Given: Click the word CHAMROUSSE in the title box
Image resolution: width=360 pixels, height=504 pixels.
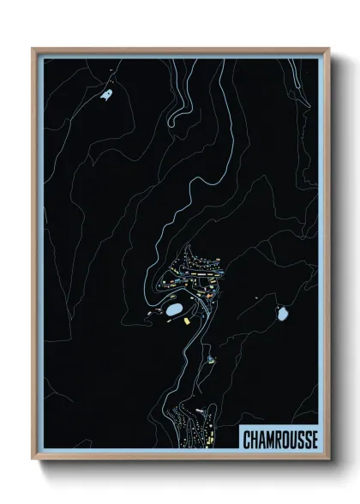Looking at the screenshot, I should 279,439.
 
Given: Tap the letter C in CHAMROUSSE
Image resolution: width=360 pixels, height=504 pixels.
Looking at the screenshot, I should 246,440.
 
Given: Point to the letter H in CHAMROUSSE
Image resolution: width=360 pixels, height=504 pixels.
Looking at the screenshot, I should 254,440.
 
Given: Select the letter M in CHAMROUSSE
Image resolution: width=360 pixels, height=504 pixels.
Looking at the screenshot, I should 270,440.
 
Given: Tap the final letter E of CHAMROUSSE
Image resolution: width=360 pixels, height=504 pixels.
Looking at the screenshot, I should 315,440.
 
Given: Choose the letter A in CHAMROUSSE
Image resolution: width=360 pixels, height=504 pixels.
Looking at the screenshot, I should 261,440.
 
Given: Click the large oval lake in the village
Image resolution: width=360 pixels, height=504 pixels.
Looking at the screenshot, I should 175,307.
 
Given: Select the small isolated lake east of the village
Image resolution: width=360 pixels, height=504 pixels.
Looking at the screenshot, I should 283,314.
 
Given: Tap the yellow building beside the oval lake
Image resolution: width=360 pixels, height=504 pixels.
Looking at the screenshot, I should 185,321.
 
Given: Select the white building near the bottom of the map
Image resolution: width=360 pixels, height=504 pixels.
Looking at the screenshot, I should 199,411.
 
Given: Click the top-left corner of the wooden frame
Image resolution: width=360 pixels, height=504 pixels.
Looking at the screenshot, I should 33,49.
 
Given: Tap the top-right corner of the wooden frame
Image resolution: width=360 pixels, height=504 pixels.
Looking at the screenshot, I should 328,49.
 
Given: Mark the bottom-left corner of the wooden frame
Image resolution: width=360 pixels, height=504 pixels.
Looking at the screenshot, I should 33,459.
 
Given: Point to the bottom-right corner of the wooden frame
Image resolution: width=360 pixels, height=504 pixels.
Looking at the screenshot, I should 328,459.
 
